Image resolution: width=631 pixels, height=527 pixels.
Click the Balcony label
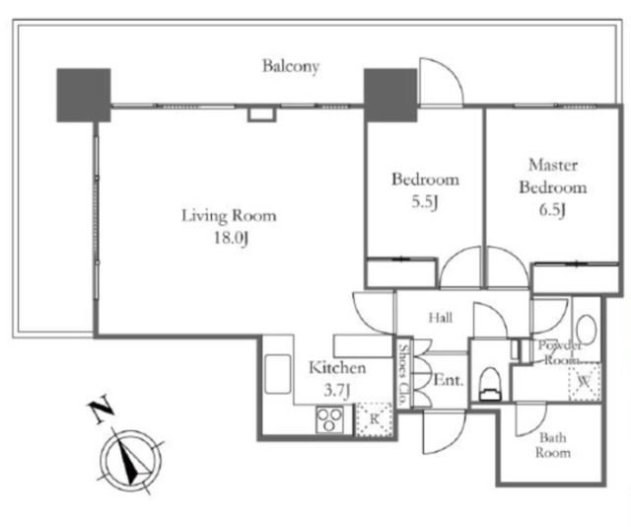[x=291, y=66]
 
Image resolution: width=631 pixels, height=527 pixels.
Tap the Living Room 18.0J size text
[x=230, y=238]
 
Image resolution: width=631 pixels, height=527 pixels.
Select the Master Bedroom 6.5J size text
[x=552, y=210]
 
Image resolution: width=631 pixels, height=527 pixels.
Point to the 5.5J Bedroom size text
[x=425, y=202]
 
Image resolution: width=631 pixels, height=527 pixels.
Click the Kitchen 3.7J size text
[x=337, y=390]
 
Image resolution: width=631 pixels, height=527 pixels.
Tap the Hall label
[x=441, y=318]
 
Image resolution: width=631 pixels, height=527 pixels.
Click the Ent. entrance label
[x=448, y=380]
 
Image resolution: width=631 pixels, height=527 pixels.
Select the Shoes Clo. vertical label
[x=403, y=374]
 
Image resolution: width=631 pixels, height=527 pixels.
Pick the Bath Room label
[x=552, y=445]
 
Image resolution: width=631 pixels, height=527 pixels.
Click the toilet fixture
[x=490, y=384]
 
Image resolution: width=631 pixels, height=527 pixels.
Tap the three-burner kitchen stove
[x=329, y=419]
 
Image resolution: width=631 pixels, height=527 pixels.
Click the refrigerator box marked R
[x=375, y=419]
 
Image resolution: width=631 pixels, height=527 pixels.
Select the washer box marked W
[x=584, y=381]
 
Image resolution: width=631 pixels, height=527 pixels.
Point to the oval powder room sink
[x=586, y=330]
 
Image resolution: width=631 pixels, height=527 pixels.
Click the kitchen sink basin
[x=278, y=373]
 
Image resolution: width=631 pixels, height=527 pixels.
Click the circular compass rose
[x=131, y=459]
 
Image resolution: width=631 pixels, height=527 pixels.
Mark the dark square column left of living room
[x=84, y=95]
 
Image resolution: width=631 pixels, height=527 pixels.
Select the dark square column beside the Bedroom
[x=390, y=95]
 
